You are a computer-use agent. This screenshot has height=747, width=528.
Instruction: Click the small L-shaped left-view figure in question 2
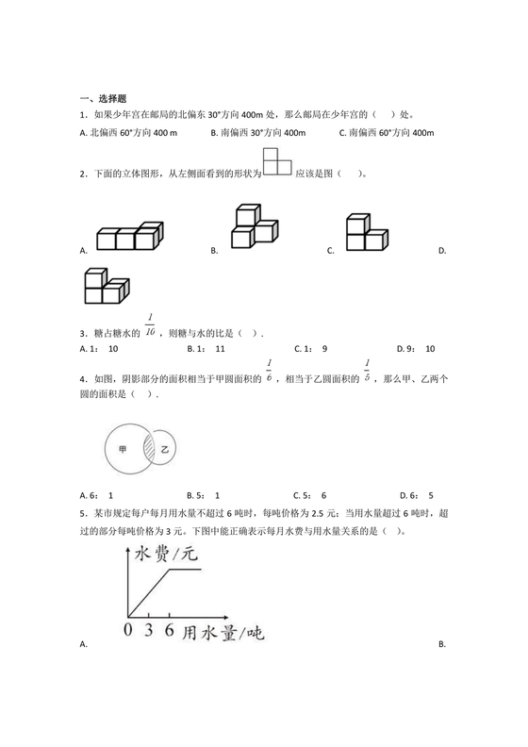click(275, 161)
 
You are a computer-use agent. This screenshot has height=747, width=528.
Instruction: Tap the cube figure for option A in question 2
click(129, 236)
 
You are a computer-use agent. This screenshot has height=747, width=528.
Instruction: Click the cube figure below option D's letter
click(105, 287)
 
